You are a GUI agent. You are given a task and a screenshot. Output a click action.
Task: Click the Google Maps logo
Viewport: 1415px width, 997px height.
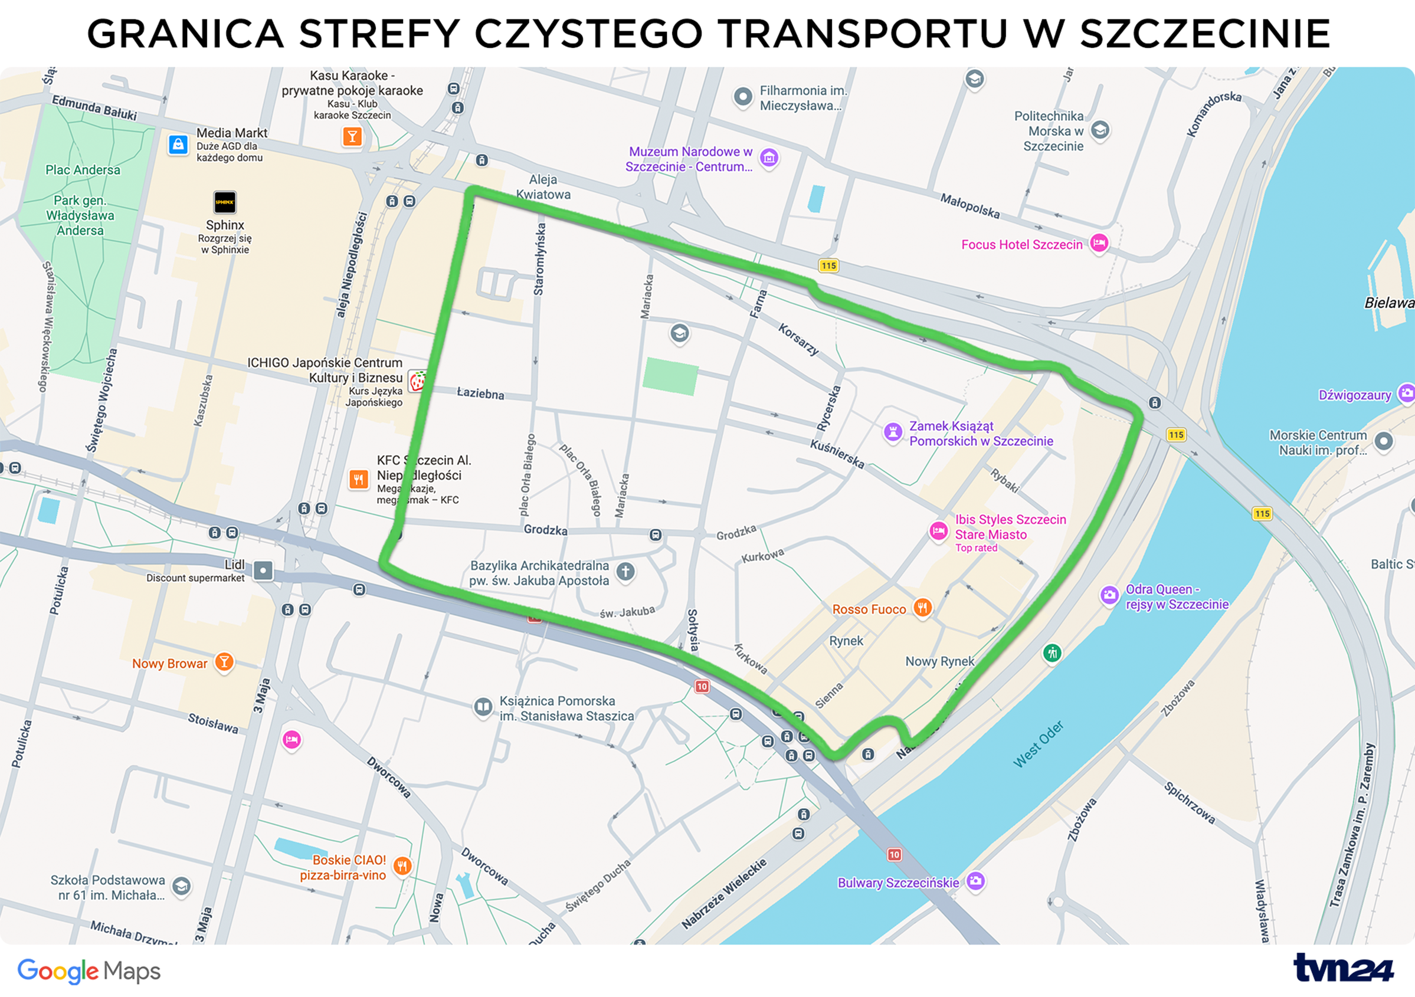[x=89, y=971]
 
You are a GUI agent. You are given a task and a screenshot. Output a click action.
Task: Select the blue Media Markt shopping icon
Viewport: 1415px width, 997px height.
[x=178, y=145]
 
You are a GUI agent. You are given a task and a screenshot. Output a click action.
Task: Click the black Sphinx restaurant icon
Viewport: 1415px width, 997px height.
[x=225, y=202]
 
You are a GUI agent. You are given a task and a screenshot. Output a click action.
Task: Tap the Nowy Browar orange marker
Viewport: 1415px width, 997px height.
[x=224, y=663]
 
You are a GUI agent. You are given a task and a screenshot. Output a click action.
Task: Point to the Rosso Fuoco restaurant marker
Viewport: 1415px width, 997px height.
[x=922, y=608]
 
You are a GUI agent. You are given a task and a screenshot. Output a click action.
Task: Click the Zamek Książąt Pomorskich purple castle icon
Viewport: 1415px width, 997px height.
[x=893, y=432]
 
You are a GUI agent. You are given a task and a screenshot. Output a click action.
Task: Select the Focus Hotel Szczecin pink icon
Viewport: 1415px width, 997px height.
[x=1099, y=243]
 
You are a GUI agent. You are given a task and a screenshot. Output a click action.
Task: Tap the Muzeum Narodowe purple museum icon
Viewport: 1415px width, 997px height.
[x=768, y=158]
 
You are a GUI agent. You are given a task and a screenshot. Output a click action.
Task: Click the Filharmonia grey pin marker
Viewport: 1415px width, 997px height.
[x=743, y=97]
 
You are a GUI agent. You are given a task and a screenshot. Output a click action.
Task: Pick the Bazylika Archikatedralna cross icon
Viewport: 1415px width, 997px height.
[x=625, y=571]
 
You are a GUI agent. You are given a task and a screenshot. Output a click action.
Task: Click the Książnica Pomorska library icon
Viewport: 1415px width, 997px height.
[x=483, y=706]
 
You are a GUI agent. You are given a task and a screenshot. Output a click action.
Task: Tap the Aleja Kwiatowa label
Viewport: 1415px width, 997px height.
[x=543, y=186]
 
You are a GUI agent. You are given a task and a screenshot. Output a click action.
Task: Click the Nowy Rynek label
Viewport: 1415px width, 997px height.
[x=939, y=661]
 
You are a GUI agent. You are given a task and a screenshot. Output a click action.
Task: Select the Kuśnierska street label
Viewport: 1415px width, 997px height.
[x=837, y=454]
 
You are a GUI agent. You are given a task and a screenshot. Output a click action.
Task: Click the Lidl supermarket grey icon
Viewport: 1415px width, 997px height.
[x=263, y=570]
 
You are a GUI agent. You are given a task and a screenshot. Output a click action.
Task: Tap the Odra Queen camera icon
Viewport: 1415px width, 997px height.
[x=1109, y=595]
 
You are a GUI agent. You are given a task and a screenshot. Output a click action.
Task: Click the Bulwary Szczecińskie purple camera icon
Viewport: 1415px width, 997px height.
[x=975, y=881]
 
